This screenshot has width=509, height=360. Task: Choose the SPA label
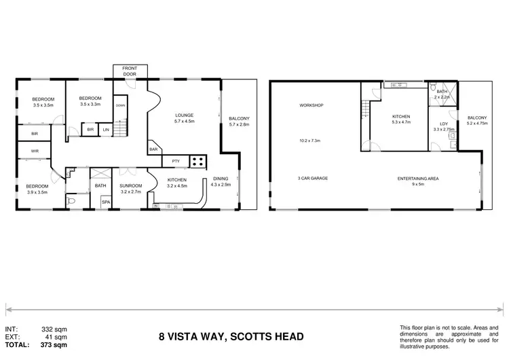(105, 202)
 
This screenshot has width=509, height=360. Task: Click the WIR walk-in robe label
(34, 151)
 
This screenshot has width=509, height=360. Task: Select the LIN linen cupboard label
(105, 130)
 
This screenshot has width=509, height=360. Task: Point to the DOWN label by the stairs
(119, 105)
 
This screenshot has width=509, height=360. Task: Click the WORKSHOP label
(311, 105)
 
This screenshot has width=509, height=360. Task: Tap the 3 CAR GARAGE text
(313, 179)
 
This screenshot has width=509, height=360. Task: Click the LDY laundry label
(442, 124)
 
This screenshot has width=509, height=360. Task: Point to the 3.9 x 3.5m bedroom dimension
(37, 192)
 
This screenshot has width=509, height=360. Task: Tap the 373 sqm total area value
(56, 344)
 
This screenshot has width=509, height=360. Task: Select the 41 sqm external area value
(58, 337)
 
